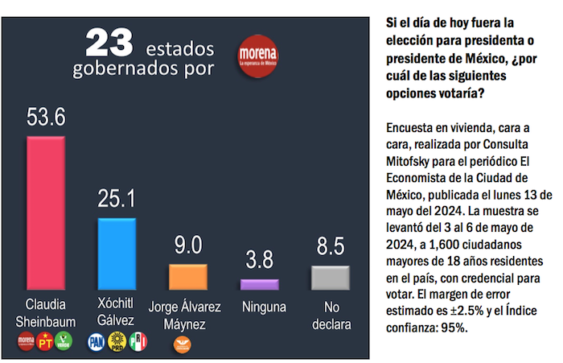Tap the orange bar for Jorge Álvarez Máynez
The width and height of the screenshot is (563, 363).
coord(187,276)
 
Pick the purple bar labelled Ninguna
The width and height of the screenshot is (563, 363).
coord(260,284)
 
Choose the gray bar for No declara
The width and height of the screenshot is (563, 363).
coord(330,277)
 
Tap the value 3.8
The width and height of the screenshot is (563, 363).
coord(259,261)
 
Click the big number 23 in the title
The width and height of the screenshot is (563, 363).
coord(109,41)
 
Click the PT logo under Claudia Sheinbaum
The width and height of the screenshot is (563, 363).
coord(46,342)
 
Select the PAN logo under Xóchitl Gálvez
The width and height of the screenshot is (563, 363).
coord(97,342)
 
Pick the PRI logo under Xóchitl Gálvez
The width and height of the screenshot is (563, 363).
coord(139,342)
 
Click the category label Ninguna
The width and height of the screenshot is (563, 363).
coord(259,307)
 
